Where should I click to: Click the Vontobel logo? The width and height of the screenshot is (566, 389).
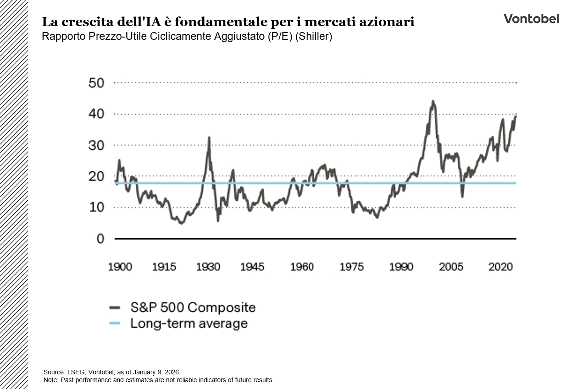pyautogui.click(x=531, y=19)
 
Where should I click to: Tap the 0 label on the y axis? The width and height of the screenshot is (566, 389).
pyautogui.click(x=100, y=239)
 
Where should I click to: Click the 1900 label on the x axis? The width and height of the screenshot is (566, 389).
pyautogui.click(x=120, y=267)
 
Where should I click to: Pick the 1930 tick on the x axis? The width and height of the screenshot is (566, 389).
pyautogui.click(x=208, y=267)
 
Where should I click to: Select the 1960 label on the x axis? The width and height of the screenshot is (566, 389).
pyautogui.click(x=302, y=267)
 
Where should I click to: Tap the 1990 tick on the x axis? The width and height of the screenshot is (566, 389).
pyautogui.click(x=401, y=267)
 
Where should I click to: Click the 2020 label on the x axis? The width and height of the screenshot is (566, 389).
pyautogui.click(x=500, y=267)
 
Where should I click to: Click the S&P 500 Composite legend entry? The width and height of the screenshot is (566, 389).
pyautogui.click(x=193, y=307)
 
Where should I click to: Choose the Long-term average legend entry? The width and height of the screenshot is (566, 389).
pyautogui.click(x=189, y=323)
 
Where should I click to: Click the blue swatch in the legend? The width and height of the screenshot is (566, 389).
pyautogui.click(x=114, y=323)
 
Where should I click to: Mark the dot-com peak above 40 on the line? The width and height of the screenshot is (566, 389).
pyautogui.click(x=433, y=101)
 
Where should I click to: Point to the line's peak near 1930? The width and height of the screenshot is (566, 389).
pyautogui.click(x=209, y=137)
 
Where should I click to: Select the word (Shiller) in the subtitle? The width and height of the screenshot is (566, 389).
pyautogui.click(x=313, y=37)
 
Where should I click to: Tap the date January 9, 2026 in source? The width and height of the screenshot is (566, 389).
pyautogui.click(x=157, y=372)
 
